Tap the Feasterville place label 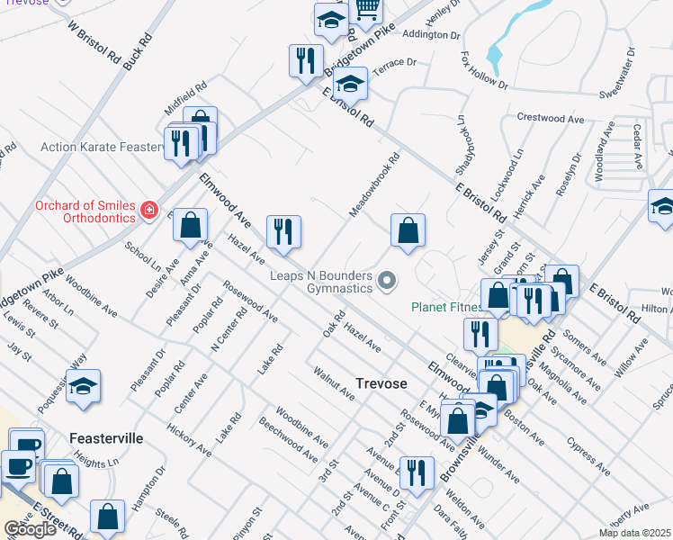106,438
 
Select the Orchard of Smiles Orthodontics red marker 149,211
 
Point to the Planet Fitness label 447,307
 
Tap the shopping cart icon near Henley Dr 366,9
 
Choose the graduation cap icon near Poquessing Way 83,386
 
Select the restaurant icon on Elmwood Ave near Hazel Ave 283,231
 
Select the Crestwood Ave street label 553,118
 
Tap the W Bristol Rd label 94,41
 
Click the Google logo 30,529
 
